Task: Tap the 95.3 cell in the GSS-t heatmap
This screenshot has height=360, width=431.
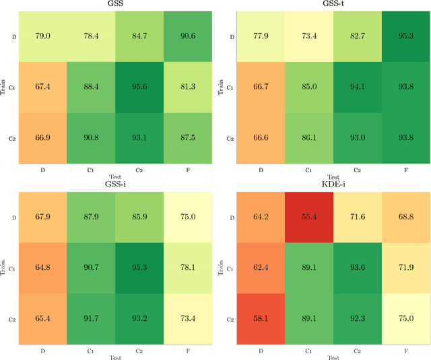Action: click(x=406, y=34)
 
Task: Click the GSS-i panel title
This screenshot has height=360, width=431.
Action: click(x=116, y=185)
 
